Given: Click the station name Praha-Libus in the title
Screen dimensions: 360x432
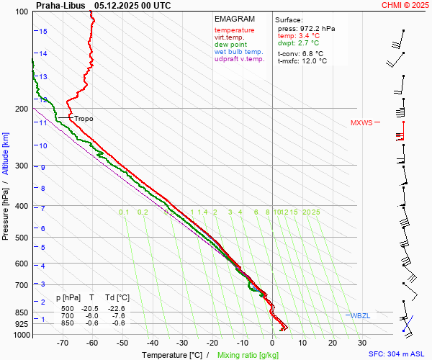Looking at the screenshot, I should (61, 5).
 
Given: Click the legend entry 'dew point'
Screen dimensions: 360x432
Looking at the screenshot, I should (230, 45).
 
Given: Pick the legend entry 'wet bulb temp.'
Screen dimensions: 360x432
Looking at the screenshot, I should (238, 53).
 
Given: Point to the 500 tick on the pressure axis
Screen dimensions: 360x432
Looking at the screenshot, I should (22, 238).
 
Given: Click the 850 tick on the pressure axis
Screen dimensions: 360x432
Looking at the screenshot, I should (22, 312).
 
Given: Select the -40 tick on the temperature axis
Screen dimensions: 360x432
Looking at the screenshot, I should (153, 343).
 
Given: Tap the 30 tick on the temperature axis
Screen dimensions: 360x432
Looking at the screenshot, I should (361, 343).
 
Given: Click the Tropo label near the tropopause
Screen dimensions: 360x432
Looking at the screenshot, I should (84, 119).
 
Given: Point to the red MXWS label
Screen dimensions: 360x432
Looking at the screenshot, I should (361, 123).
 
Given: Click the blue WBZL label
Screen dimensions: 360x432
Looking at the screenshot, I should (360, 316).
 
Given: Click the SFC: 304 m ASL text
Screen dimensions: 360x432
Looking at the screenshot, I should (397, 354).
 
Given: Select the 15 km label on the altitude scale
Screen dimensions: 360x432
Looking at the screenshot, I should (43, 32).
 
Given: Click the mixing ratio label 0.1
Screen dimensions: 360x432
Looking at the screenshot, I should (124, 212).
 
